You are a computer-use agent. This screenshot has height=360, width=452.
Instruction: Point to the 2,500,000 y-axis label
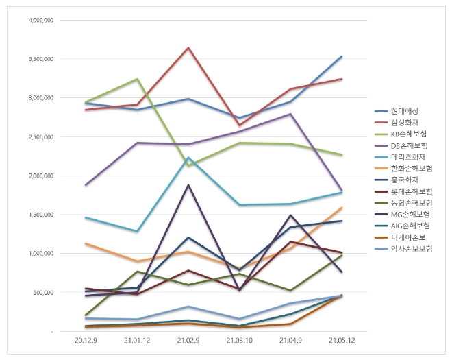(42, 136)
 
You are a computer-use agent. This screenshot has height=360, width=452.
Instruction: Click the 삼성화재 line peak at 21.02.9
(188, 48)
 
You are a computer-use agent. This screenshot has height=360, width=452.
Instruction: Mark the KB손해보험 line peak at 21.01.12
(137, 80)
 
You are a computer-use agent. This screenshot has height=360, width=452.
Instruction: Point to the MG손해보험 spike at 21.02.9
(188, 185)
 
